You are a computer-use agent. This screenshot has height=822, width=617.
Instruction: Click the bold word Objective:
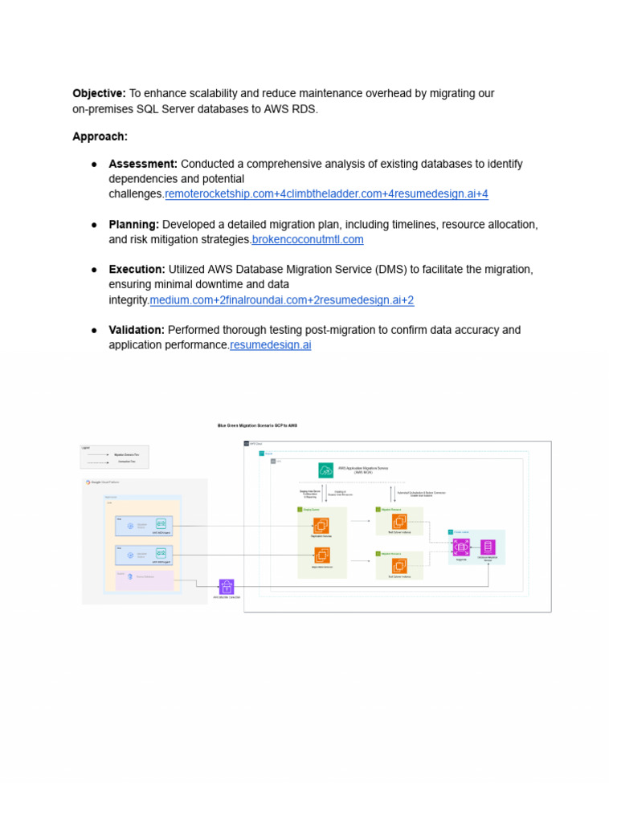99,94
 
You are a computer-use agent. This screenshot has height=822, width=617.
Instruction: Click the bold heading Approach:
100,136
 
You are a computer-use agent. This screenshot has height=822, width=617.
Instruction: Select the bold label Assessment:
143,164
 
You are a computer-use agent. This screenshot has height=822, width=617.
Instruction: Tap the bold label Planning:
133,224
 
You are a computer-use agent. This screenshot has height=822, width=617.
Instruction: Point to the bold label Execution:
137,270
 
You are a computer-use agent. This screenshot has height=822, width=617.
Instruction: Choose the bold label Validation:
137,330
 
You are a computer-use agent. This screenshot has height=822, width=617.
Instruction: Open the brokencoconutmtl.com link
308,239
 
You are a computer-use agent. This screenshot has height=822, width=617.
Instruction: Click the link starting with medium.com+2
281,300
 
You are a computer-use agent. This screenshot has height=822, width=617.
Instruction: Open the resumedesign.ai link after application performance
270,345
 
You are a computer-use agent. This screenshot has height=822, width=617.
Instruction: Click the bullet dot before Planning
94,225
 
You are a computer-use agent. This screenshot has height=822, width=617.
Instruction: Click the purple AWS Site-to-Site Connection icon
227,588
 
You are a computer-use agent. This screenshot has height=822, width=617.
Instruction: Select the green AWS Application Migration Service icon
325,470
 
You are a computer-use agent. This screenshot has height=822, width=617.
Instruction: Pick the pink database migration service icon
488,547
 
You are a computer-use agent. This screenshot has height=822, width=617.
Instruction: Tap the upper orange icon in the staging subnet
321,526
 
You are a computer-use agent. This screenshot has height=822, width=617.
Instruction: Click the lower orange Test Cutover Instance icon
399,566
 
